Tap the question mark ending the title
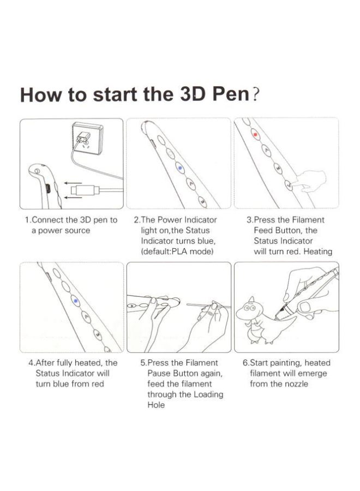[255, 93]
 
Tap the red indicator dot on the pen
[255, 133]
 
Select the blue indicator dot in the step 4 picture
[75, 300]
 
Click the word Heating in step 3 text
[317, 252]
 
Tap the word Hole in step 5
[156, 405]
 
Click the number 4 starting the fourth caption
[31, 363]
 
